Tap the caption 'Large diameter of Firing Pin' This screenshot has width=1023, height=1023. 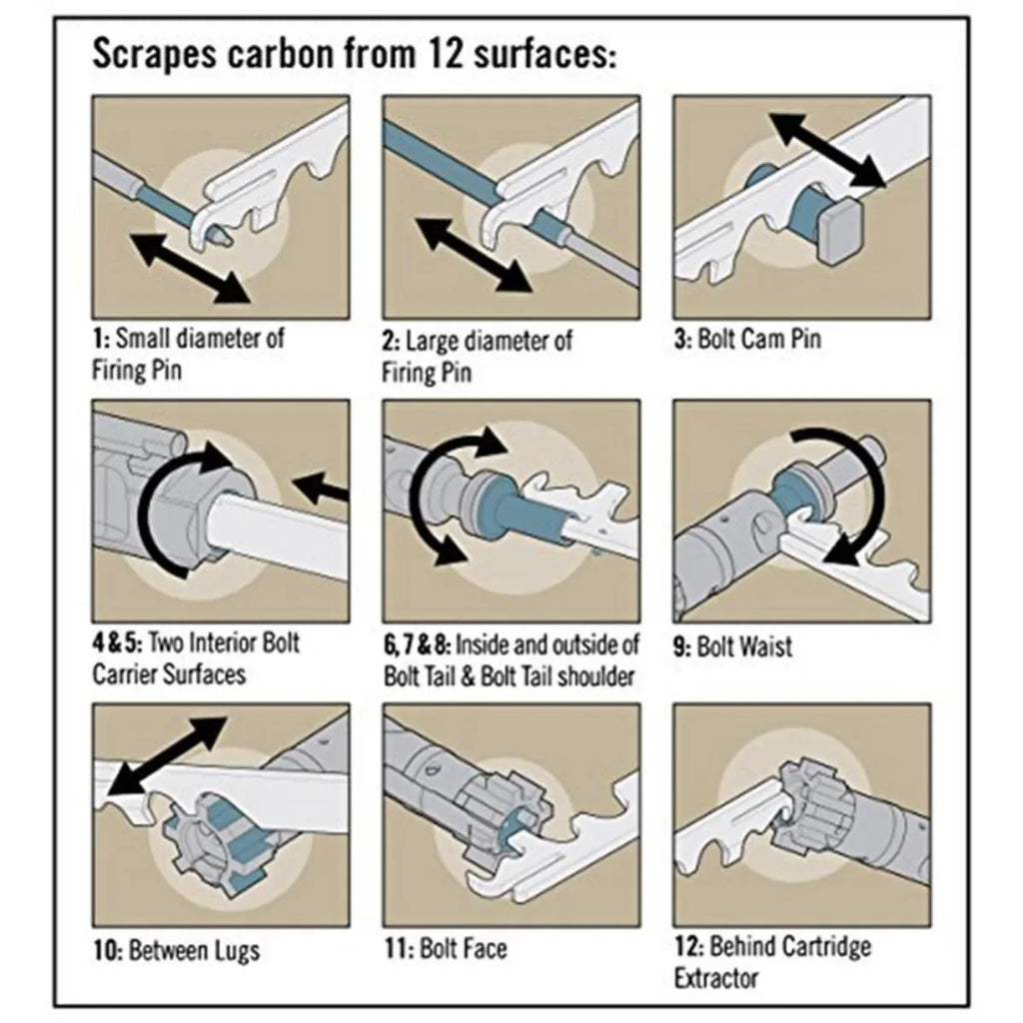click(478, 355)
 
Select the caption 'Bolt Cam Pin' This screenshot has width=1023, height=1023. click(747, 339)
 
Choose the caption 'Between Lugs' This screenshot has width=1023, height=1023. click(177, 950)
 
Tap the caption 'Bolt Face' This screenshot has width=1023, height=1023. click(446, 947)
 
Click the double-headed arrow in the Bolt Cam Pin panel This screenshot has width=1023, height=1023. click(827, 150)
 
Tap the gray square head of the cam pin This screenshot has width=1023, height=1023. click(843, 228)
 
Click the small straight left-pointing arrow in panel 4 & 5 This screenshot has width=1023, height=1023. click(322, 490)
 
